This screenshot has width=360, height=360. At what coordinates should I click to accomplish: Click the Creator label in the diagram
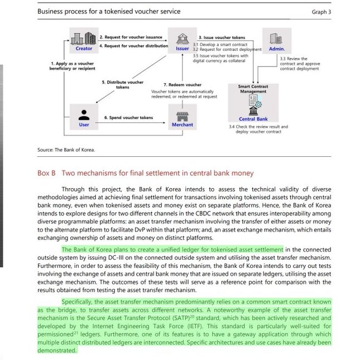point(84,49)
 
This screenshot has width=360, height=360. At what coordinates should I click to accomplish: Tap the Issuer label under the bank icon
point(182,49)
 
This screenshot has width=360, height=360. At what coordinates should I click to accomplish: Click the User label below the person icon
point(84,124)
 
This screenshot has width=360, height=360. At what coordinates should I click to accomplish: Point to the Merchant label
point(182,124)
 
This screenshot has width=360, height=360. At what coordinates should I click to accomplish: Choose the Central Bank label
point(253,119)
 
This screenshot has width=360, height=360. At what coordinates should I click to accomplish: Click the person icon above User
point(84,114)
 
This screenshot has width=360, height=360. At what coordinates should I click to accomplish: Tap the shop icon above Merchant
point(182,115)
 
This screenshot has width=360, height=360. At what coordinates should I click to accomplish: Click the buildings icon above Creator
point(84,38)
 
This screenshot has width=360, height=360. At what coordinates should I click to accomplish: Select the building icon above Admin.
point(276,38)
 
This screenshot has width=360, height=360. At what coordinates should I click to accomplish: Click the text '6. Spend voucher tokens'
point(128,118)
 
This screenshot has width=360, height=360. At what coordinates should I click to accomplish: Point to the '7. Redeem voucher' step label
point(182,85)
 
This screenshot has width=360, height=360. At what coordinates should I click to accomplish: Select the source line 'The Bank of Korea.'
point(75,150)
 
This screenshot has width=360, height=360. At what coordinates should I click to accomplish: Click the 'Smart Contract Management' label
point(253,89)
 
